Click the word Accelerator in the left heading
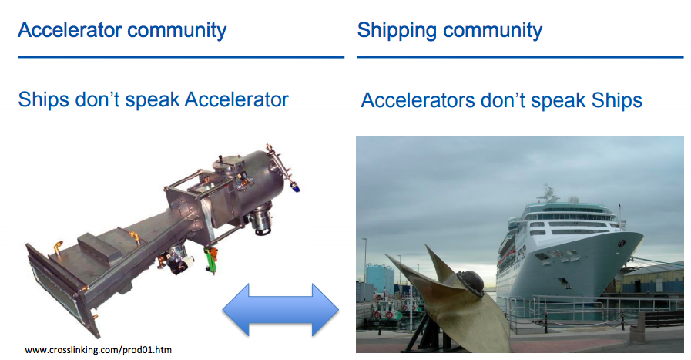(x=70, y=30)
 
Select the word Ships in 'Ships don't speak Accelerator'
(x=43, y=99)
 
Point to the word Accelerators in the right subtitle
(x=418, y=100)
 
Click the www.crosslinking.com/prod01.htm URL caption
(x=99, y=350)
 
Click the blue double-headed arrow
(x=280, y=310)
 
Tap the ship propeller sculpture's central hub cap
(x=471, y=281)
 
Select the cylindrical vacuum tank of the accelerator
(x=252, y=180)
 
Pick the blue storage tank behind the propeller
(x=380, y=278)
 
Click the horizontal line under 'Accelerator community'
(x=181, y=57)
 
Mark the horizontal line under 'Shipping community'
(x=520, y=57)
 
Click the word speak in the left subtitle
(x=153, y=100)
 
